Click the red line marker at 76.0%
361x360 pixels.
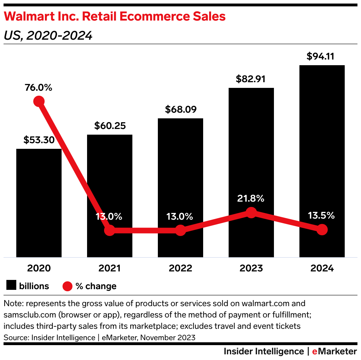(39, 101)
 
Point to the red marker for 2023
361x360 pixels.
(251, 213)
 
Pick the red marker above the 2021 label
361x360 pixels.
(110, 230)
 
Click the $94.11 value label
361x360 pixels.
(320, 56)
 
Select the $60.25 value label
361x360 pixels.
(110, 126)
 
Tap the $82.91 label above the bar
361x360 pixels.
(251, 79)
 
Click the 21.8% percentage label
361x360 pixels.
(251, 199)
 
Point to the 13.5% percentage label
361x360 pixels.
(321, 216)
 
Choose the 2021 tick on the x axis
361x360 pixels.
(110, 268)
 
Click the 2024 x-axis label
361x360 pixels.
(322, 268)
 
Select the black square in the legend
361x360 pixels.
(11, 286)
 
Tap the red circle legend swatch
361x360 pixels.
(67, 286)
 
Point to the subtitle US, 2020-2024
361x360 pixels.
(48, 36)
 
